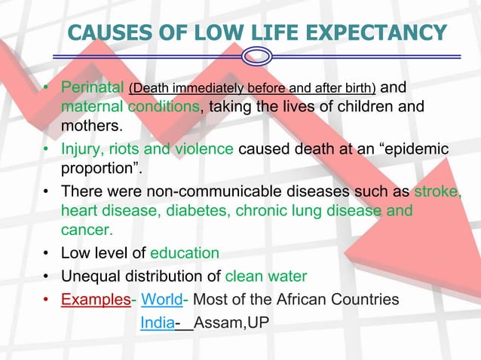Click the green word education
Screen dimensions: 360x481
pyautogui.click(x=185, y=252)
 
